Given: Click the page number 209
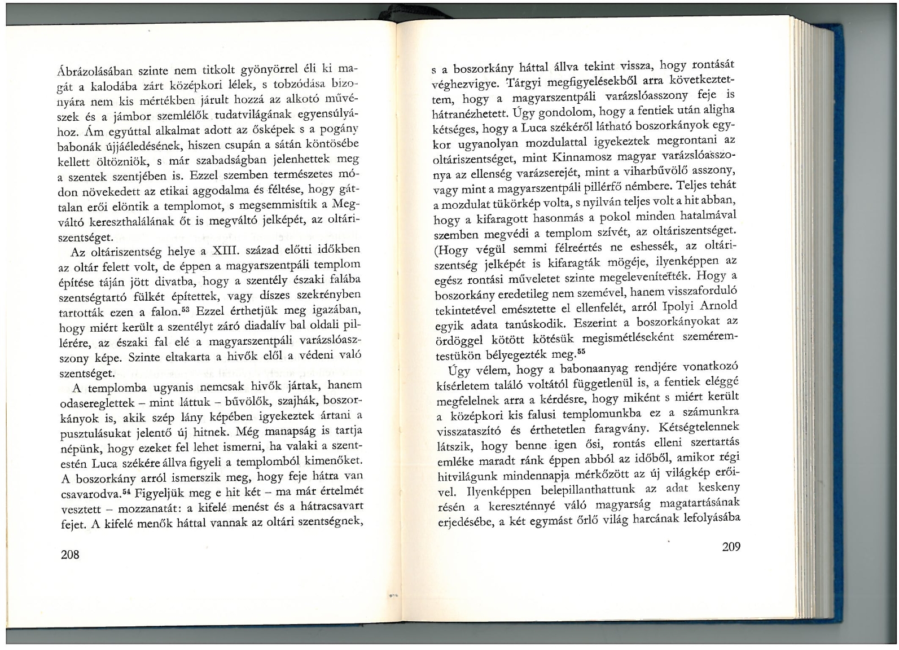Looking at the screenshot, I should (731, 546).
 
